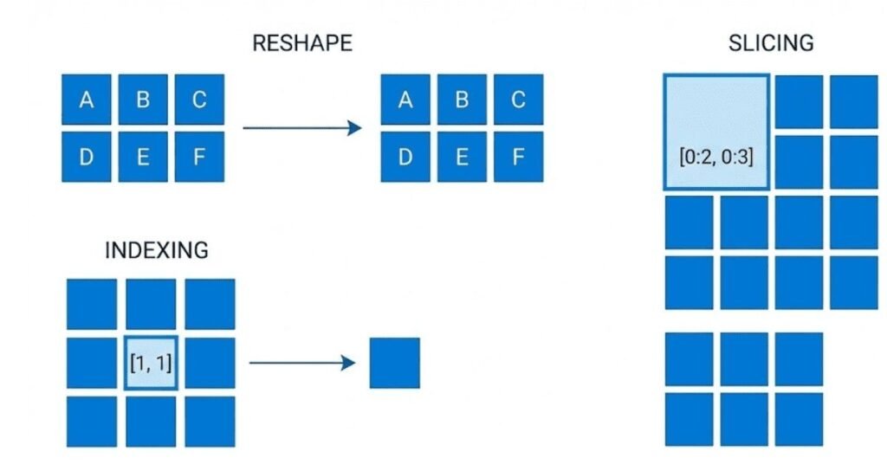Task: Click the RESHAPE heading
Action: [301, 43]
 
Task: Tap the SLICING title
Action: [772, 43]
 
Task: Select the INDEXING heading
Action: [156, 251]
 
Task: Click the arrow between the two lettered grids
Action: [301, 129]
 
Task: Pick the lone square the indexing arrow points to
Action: [395, 363]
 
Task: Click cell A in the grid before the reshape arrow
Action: [87, 100]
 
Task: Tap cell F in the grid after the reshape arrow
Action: [518, 157]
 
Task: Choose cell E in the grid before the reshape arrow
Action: [143, 157]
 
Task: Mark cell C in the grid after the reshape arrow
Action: [518, 100]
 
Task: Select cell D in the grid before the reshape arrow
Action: [87, 157]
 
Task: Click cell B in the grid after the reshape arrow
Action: [462, 100]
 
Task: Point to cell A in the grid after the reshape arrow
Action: [405, 100]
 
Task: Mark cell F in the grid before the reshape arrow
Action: [199, 157]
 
